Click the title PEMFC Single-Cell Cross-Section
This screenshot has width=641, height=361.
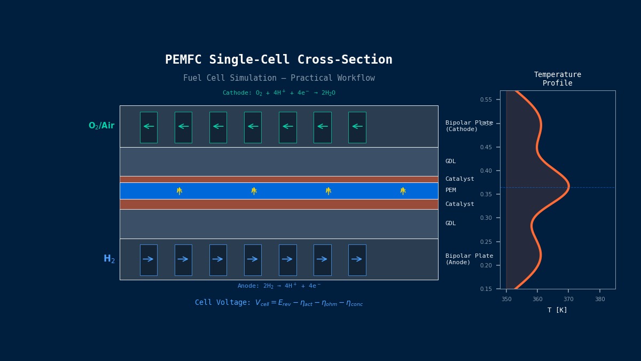278,60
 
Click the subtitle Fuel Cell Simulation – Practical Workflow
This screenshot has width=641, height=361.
278,78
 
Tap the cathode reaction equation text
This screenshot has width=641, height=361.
278,93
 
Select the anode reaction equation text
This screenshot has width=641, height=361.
278,286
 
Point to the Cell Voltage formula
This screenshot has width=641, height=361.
278,303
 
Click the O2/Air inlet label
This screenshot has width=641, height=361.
101,126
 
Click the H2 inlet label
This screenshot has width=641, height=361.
109,259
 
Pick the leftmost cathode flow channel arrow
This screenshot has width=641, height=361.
148,127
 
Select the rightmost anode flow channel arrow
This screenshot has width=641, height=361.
357,259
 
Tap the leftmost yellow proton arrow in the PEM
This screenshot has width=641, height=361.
179,190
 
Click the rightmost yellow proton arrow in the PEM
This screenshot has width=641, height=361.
403,190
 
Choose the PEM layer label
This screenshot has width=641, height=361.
450,190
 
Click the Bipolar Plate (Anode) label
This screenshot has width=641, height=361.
468,259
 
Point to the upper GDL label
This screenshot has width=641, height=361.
450,162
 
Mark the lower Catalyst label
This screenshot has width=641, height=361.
459,204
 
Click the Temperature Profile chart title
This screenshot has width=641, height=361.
557,79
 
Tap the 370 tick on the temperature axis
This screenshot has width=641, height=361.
568,299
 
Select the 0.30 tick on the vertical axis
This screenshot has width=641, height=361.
486,218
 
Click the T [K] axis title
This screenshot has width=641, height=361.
557,310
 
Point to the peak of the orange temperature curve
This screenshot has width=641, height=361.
568,186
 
